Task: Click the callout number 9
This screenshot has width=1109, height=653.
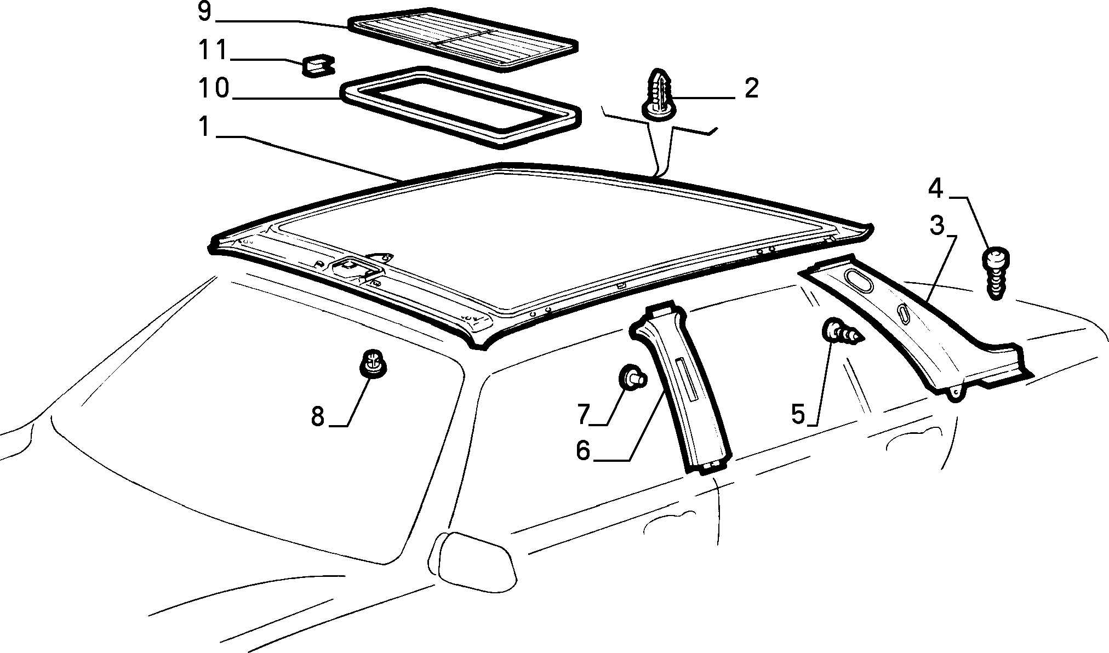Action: coord(204,12)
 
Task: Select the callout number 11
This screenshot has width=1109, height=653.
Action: coord(212,50)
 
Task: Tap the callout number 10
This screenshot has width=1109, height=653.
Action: coord(214,88)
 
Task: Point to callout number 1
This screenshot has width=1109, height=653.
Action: coord(204,128)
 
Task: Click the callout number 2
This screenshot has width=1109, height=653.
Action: coord(751,88)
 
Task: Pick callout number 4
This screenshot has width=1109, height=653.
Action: coord(935,189)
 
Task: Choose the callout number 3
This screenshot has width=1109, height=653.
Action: coord(936,225)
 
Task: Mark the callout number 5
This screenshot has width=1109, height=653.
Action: coord(799,415)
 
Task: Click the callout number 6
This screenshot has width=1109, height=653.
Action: coord(583,450)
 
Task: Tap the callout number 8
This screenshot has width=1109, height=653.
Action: coord(318,417)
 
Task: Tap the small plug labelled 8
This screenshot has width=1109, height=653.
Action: coord(373,362)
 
